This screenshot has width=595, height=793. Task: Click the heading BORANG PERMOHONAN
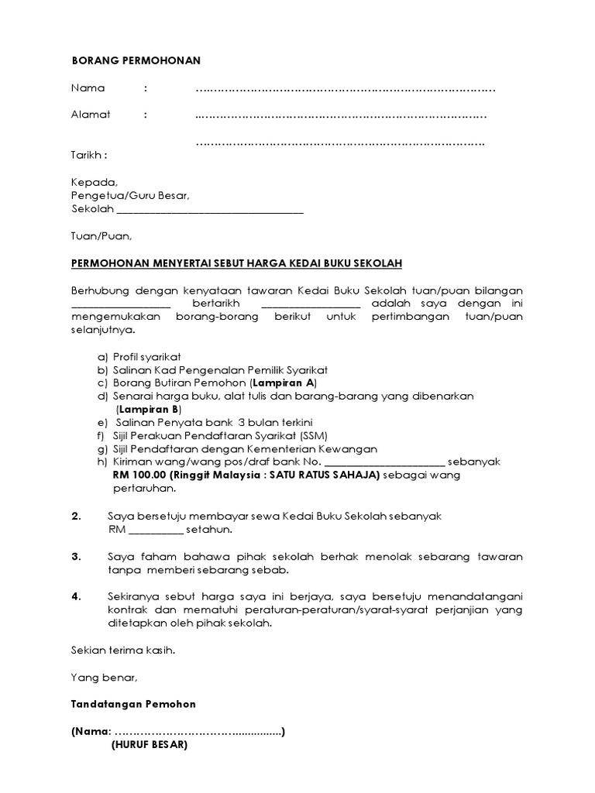coord(136,60)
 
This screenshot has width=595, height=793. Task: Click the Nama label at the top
coord(88,88)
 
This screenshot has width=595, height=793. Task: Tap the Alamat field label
coord(91,115)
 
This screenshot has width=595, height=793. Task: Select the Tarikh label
coord(88,154)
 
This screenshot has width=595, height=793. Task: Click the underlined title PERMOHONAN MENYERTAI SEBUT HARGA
coord(236,263)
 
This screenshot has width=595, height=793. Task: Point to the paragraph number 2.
coord(76,516)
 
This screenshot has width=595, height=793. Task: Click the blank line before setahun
coord(155,530)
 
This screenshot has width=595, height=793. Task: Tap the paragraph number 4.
coord(76,596)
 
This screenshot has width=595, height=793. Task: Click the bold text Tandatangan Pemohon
coord(133,704)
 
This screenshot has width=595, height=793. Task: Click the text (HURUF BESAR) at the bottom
coord(148,745)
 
